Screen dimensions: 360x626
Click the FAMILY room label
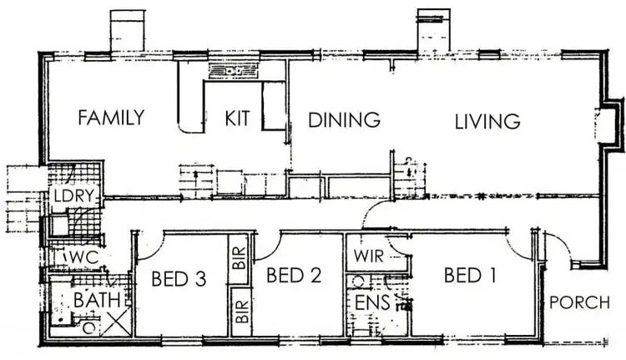tap(111, 118)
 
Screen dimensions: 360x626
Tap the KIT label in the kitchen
tap(238, 119)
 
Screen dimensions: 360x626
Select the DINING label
tap(344, 119)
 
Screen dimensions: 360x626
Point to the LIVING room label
tap(487, 120)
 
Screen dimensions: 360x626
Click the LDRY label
tap(73, 197)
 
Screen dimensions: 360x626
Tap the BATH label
tap(98, 299)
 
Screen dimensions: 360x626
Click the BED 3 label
tap(179, 278)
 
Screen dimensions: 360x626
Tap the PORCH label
tap(580, 302)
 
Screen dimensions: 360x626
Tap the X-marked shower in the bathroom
tap(114, 322)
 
